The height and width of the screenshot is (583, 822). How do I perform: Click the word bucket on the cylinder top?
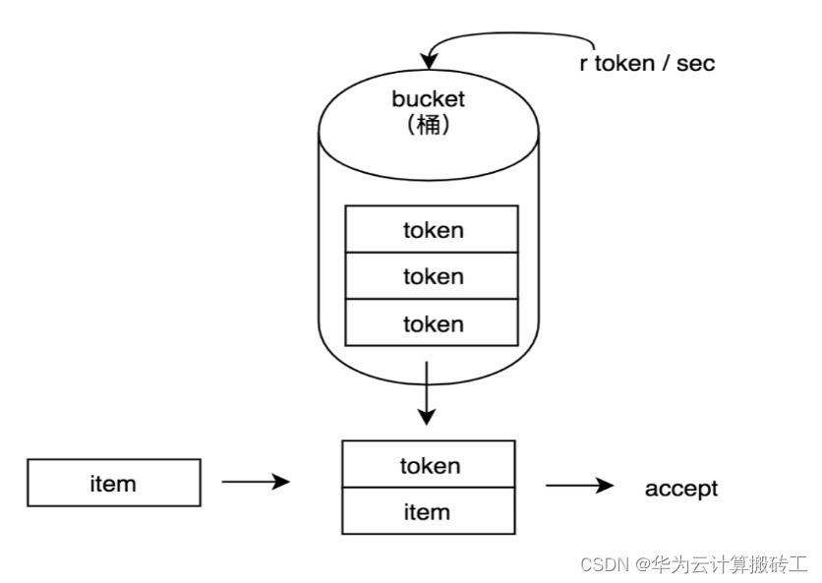pyautogui.click(x=428, y=98)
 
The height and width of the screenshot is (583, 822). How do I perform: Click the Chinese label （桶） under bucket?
pyautogui.click(x=428, y=126)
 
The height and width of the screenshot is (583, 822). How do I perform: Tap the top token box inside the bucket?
pyautogui.click(x=432, y=230)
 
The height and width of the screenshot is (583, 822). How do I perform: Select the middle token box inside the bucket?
pyautogui.click(x=432, y=276)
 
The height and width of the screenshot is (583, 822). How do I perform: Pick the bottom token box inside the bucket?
pyautogui.click(x=432, y=322)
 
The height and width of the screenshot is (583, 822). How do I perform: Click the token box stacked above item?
pyautogui.click(x=429, y=465)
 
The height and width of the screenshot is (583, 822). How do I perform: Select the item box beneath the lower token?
pyautogui.click(x=429, y=511)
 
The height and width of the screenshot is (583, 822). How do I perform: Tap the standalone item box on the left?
pyautogui.click(x=113, y=483)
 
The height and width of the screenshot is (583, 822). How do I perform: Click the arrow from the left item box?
pyautogui.click(x=256, y=482)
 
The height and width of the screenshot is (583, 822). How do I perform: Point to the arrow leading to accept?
pyautogui.click(x=580, y=486)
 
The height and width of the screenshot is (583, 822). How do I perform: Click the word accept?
pyautogui.click(x=681, y=488)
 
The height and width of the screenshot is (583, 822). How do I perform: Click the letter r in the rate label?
pyautogui.click(x=583, y=64)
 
